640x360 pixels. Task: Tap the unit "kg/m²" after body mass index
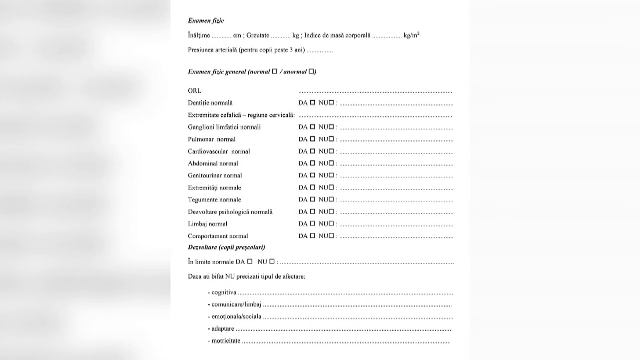pyautogui.click(x=410, y=35)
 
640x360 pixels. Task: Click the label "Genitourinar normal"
pyautogui.click(x=215, y=176)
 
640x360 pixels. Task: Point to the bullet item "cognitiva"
pyautogui.click(x=224, y=292)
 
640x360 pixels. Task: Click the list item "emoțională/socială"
pyautogui.click(x=232, y=316)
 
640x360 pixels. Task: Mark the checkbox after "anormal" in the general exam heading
pyautogui.click(x=313, y=72)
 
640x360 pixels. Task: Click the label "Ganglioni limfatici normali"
pyautogui.click(x=224, y=128)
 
